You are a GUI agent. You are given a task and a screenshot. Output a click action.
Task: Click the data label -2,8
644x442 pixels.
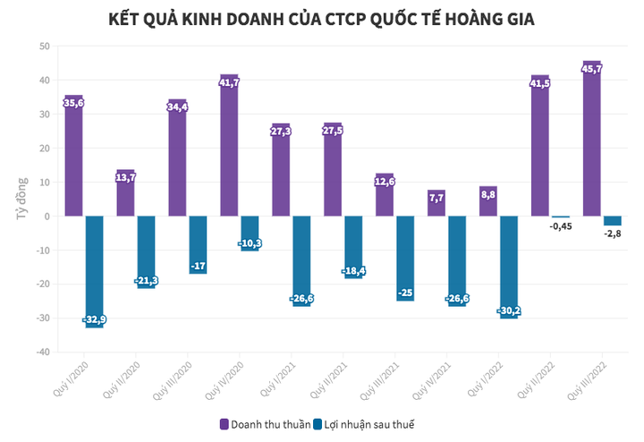point(612,233)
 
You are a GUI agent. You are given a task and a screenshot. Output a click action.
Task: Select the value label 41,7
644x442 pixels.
point(229,82)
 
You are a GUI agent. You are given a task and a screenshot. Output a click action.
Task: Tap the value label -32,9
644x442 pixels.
point(94,319)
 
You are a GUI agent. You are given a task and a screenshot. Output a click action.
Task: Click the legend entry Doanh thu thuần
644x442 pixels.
point(261,423)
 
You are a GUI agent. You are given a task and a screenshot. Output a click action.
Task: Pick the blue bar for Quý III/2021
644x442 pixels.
point(405,258)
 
